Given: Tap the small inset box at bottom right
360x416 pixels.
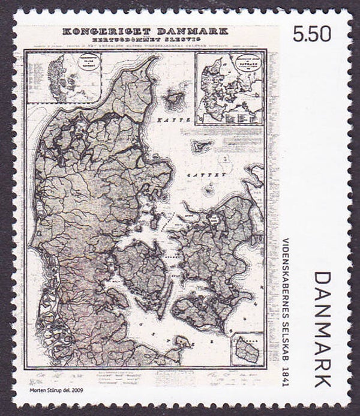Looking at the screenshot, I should pos(248,349).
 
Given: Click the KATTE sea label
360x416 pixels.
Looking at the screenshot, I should pos(179,121).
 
